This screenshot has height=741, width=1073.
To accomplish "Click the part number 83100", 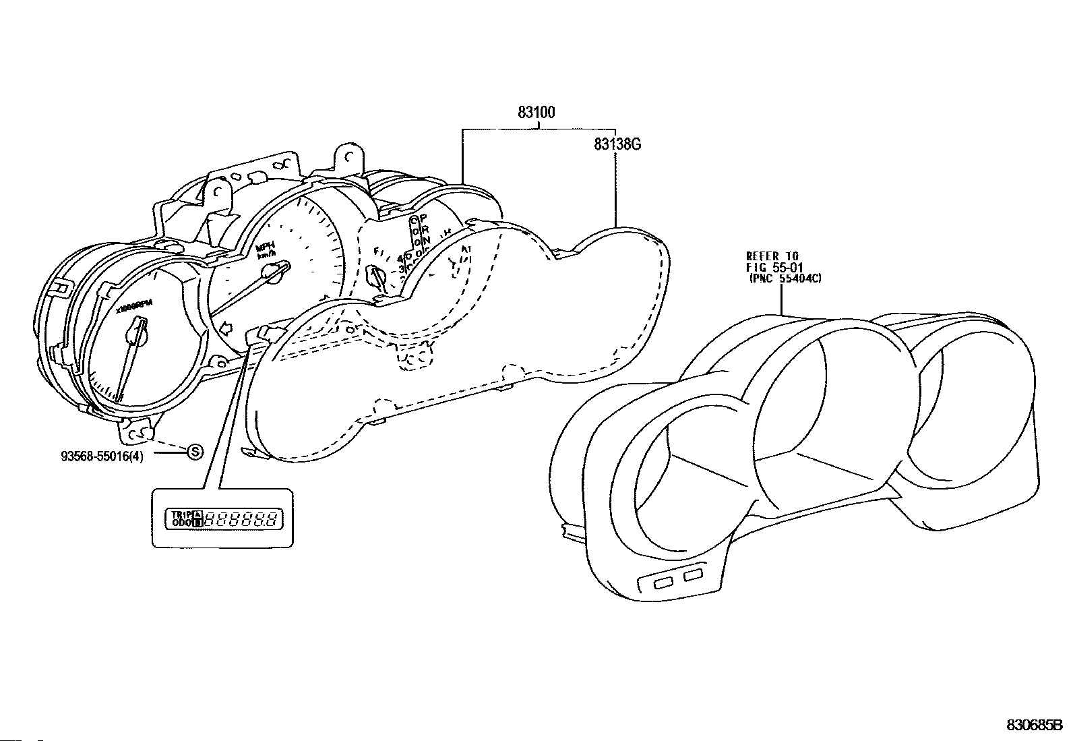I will point(536,113).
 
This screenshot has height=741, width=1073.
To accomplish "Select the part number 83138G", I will point(617,143).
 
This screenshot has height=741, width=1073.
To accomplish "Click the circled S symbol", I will point(194,452).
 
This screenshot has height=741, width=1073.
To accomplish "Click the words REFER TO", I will point(772,256).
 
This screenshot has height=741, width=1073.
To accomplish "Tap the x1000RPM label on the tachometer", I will point(134,307).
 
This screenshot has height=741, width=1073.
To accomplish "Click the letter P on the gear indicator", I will point(424,218).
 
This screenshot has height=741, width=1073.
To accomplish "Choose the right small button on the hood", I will point(693,574).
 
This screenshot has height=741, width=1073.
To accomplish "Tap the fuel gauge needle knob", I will point(373,275).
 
